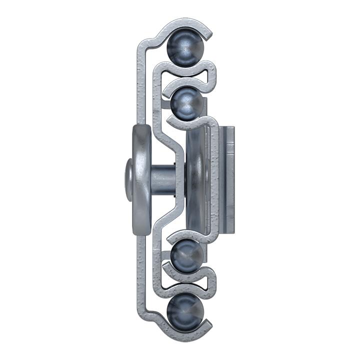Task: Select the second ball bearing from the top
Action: (x=186, y=103)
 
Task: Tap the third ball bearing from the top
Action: (x=186, y=256)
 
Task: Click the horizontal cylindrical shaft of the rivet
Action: (x=162, y=178)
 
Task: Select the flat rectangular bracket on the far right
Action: (x=227, y=178)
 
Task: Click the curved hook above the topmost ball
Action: (x=185, y=25)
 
